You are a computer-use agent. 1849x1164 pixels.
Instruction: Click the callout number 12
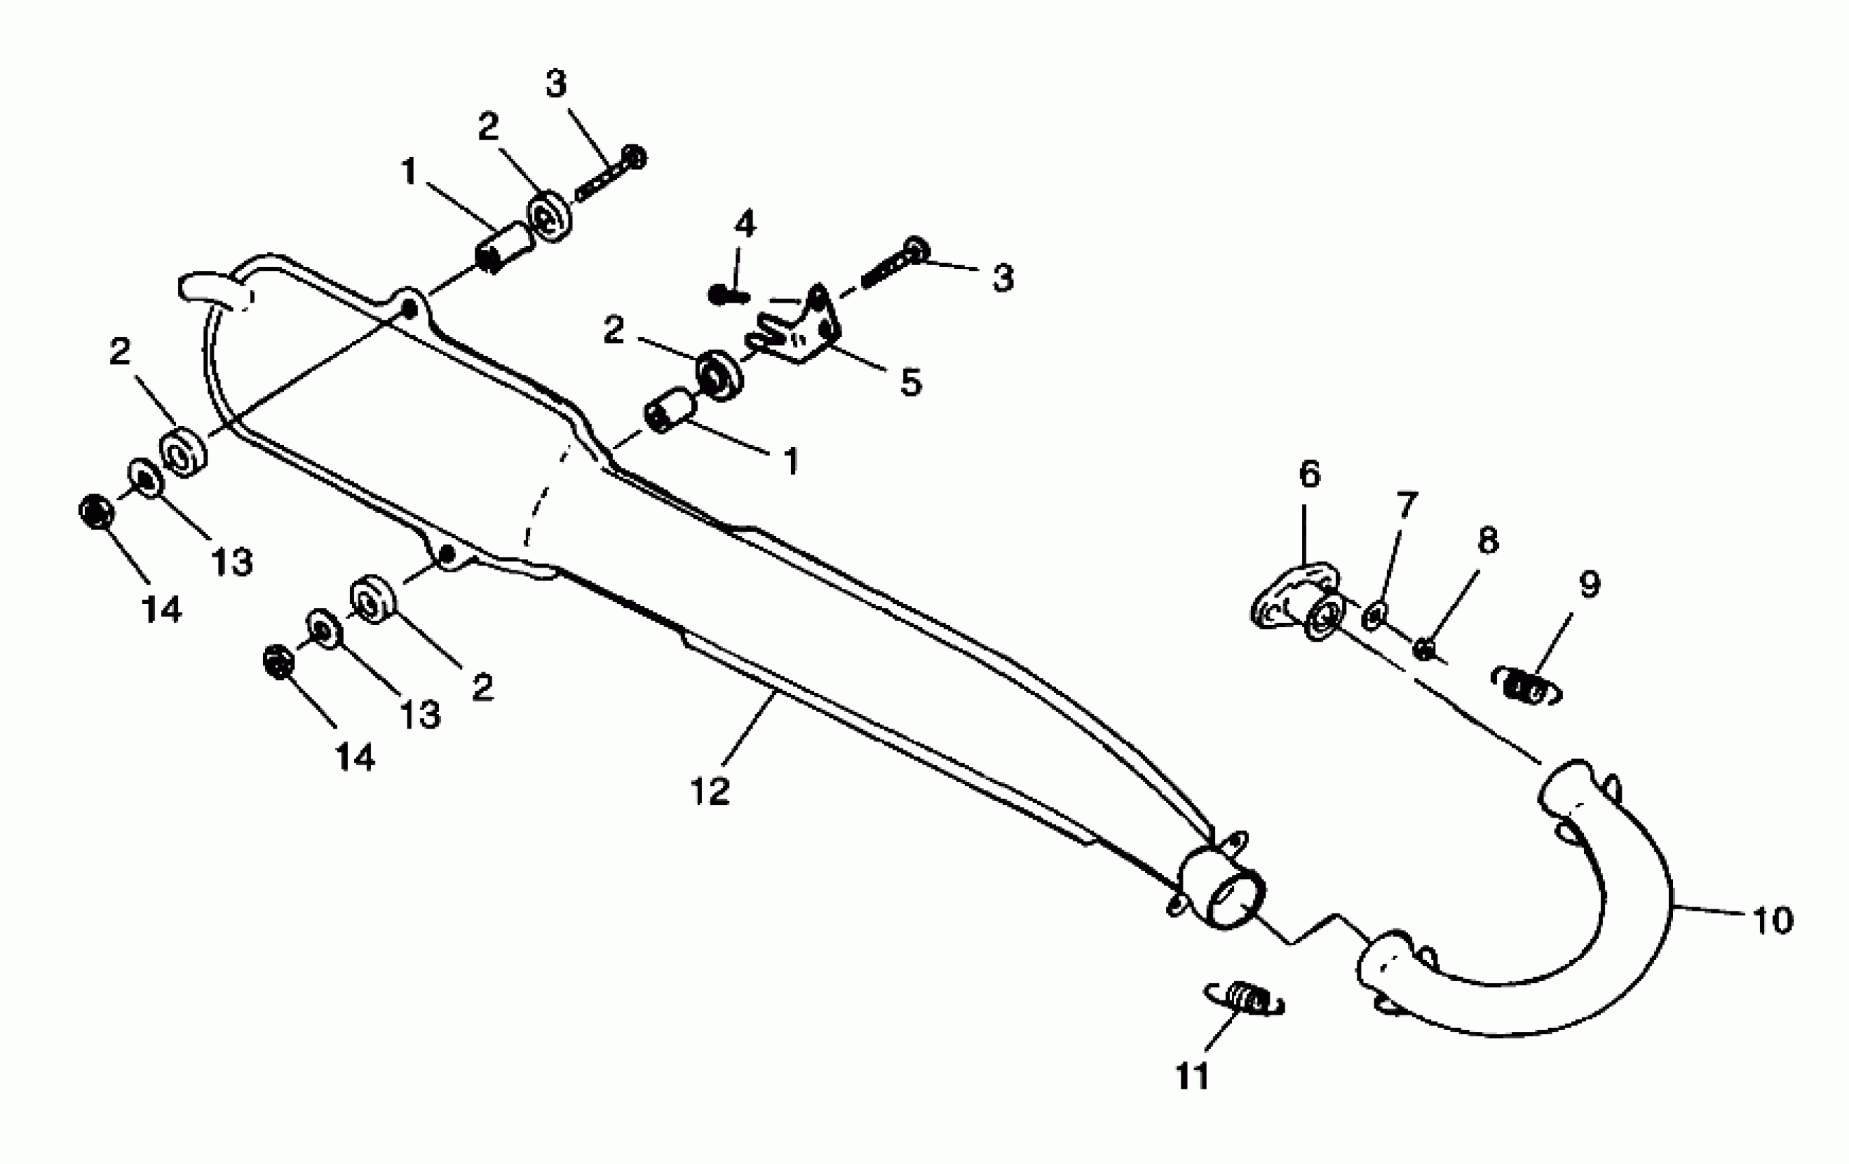coord(709,791)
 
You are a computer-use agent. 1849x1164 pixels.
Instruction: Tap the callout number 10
coord(1772,920)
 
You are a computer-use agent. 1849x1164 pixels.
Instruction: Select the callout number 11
coord(1192,1076)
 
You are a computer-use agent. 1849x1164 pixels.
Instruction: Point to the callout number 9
coord(1589,585)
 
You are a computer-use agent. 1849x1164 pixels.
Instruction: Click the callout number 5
coord(911,382)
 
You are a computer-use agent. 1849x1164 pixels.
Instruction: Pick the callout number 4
coord(745,224)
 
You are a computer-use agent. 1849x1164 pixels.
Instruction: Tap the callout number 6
coord(1309,475)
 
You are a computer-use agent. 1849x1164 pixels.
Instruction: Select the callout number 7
coord(1406,505)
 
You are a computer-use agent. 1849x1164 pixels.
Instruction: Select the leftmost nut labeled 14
coord(96,511)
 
